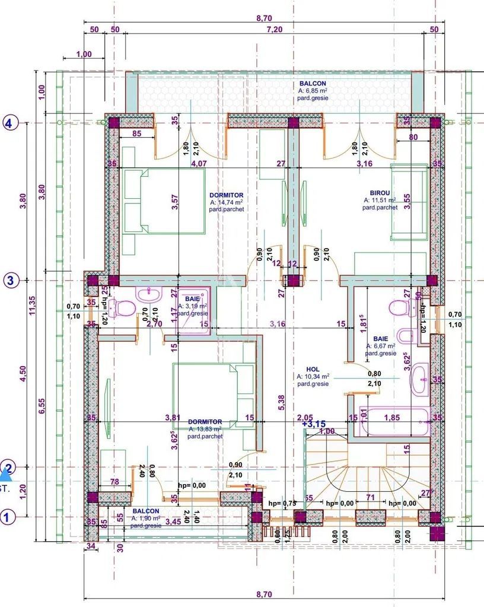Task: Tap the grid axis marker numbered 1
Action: (8, 517)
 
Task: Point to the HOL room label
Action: (313, 368)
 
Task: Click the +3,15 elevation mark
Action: (314, 424)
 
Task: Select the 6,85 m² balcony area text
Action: (313, 91)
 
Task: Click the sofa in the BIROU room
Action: (408, 202)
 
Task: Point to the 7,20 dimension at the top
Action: (273, 29)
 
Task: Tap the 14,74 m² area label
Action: (227, 202)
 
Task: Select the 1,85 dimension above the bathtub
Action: (392, 418)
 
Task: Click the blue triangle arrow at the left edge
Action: (6, 473)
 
